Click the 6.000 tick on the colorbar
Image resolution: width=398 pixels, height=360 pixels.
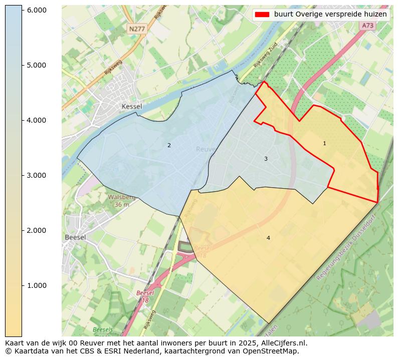point(36,10)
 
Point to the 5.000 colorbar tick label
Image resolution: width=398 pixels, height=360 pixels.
point(36,65)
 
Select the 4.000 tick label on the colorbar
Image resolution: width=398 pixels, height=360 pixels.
point(36,120)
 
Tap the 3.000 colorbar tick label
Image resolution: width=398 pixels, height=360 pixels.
point(36,175)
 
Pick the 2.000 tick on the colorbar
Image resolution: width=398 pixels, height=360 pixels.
point(36,230)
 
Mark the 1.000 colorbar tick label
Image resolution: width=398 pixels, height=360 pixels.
point(36,285)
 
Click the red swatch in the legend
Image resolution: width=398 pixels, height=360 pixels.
point(262,15)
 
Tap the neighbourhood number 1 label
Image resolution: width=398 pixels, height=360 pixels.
point(324,144)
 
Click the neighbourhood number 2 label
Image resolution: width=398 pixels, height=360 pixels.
point(169,146)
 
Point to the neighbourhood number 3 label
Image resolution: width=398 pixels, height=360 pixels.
point(266,159)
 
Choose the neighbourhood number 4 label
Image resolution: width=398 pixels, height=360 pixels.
point(268,238)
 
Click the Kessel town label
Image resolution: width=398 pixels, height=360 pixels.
point(132,107)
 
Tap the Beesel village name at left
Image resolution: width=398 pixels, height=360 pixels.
point(75,237)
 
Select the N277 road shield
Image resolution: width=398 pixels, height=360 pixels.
point(137,29)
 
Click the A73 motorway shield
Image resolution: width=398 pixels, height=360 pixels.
point(367,26)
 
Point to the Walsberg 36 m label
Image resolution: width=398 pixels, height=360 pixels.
point(122,201)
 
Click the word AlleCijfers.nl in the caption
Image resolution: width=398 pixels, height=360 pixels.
point(282,343)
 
